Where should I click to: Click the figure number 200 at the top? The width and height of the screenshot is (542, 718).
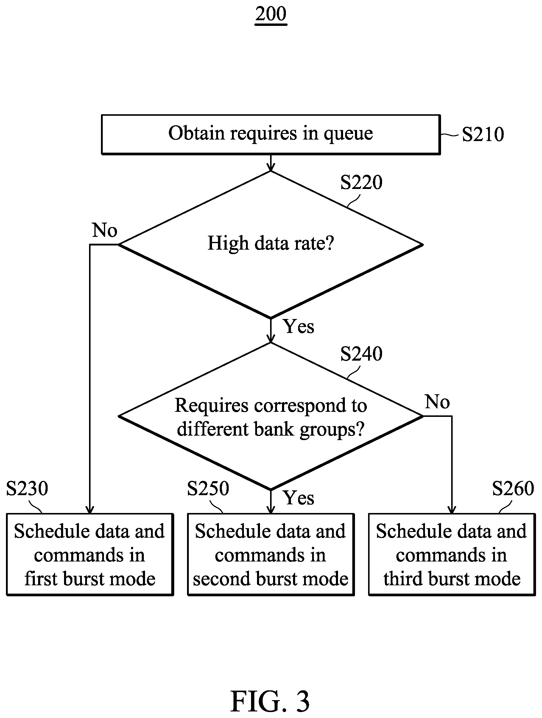271,14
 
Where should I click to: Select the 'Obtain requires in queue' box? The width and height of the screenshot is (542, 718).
271,134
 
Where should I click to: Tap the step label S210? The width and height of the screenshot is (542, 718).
483,134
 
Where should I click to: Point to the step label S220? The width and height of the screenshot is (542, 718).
361,182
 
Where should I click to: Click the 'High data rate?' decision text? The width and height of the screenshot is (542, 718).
271,243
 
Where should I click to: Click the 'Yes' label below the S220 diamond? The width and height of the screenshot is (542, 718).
299,326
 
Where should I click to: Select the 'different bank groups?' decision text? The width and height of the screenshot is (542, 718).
271,429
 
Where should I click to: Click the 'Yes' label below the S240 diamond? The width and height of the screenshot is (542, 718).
299,498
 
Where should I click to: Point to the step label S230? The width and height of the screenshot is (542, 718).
27,488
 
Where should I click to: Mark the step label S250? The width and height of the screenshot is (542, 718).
208,488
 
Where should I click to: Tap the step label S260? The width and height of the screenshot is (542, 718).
513,488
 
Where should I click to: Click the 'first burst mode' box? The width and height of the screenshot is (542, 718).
90,555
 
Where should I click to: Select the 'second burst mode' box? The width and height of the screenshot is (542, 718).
271,555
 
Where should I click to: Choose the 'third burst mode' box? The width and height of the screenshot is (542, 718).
452,555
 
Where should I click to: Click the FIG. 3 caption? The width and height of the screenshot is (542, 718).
270,701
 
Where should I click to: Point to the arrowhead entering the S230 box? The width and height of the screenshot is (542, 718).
90,510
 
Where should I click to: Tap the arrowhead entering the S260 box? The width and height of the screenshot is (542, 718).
452,510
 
